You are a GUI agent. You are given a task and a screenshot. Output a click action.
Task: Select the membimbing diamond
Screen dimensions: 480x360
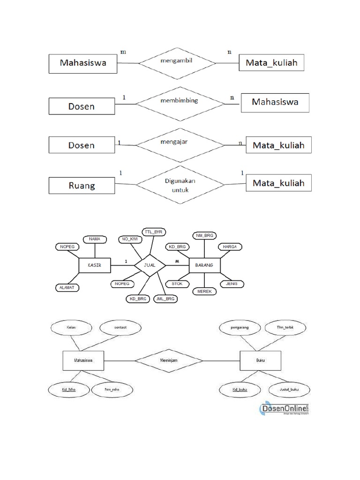tap(179, 100)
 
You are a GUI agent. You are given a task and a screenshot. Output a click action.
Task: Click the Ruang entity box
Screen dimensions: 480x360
tap(82, 185)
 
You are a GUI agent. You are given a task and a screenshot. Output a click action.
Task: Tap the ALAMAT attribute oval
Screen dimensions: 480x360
tap(67, 287)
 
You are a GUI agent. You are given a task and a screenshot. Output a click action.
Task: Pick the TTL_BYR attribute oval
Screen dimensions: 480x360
tap(156, 232)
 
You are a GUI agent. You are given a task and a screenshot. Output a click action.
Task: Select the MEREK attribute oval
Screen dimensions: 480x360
tap(205, 291)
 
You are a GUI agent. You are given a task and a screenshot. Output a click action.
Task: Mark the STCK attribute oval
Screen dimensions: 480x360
tap(177, 284)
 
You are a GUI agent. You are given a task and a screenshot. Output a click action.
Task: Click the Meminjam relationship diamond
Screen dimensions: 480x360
tap(169, 361)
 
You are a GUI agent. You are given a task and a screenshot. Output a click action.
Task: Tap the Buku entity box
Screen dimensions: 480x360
tap(260, 361)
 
